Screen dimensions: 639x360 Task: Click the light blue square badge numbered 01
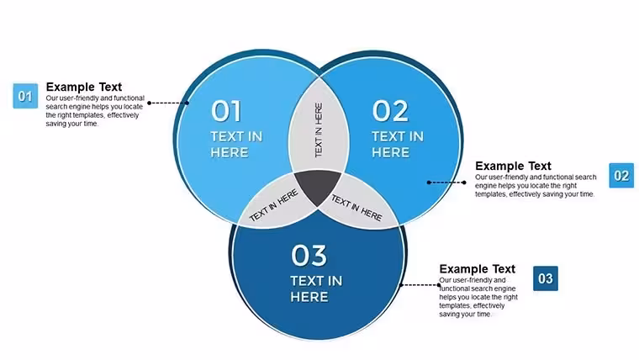25,96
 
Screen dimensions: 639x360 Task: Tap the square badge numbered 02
621,175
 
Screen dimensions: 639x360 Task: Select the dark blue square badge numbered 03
546,278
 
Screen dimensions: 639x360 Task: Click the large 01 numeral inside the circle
226,111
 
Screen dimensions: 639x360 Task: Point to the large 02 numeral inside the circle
390,111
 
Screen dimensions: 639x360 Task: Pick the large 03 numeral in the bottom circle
309,256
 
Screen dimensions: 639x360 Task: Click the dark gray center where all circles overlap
318,186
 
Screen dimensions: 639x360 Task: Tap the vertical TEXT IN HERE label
319,130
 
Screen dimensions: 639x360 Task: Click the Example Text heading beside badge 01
84,87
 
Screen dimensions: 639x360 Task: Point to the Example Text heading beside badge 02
513,166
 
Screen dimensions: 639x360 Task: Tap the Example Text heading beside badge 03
478,269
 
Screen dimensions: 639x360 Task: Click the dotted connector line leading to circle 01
168,103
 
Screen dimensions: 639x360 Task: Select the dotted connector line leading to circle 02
446,183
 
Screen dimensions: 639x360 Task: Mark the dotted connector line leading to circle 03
420,285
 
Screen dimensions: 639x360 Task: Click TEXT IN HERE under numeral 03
316,289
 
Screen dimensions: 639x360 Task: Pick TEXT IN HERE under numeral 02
398,145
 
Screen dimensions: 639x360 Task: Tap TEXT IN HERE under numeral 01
236,145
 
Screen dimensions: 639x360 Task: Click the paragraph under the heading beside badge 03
478,297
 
